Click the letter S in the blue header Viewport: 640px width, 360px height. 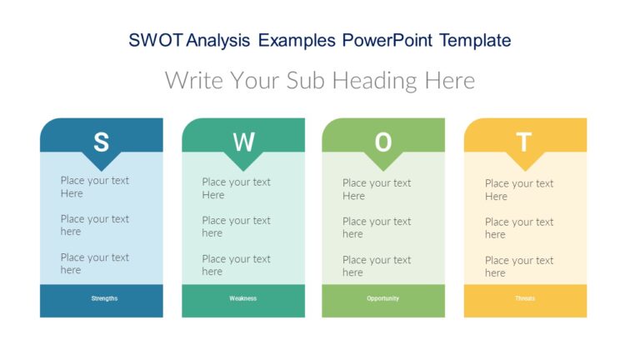tap(101, 142)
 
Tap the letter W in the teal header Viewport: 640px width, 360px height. tap(243, 142)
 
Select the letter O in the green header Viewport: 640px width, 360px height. tap(382, 142)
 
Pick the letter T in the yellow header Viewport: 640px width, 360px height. tap(524, 142)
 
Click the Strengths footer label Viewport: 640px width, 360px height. tap(104, 298)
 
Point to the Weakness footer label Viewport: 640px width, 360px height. tap(243, 298)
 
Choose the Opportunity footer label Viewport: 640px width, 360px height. tap(382, 298)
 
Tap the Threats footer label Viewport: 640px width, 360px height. tap(525, 298)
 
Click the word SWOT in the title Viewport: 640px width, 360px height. tap(157, 40)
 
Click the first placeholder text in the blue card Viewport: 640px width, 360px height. tap(94, 187)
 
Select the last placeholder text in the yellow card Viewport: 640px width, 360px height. tap(518, 267)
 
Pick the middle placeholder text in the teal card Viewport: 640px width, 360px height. tap(236, 227)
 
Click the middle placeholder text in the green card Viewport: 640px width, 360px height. tap(377, 227)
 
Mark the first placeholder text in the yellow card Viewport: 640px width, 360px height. tap(518, 190)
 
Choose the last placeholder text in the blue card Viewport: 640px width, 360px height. tap(94, 263)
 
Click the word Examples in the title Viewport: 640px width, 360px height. tap(297, 40)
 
